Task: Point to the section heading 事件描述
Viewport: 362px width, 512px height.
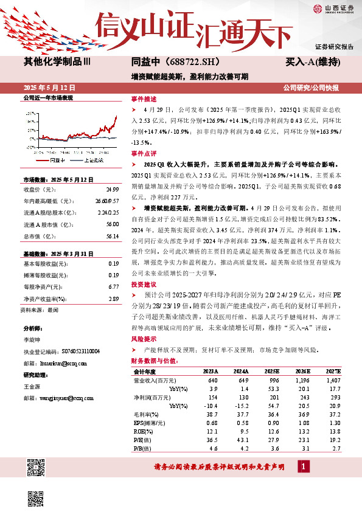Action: click(144, 99)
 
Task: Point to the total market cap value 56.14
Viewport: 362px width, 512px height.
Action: click(111, 236)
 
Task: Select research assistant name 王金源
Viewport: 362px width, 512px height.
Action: click(31, 386)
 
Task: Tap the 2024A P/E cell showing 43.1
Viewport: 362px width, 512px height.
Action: click(240, 438)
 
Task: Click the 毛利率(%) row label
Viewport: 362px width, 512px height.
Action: click(147, 413)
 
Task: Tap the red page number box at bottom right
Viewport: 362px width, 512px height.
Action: click(304, 466)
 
